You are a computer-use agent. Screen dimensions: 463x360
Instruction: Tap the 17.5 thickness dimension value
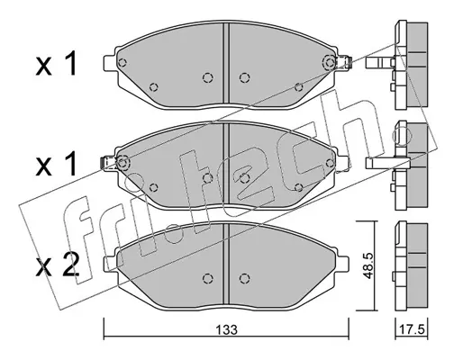(413, 329)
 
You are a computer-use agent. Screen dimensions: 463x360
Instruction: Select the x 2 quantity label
(58, 265)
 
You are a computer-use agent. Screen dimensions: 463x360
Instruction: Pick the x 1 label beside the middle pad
(56, 164)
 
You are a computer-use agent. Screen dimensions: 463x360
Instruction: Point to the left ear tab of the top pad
(109, 63)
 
